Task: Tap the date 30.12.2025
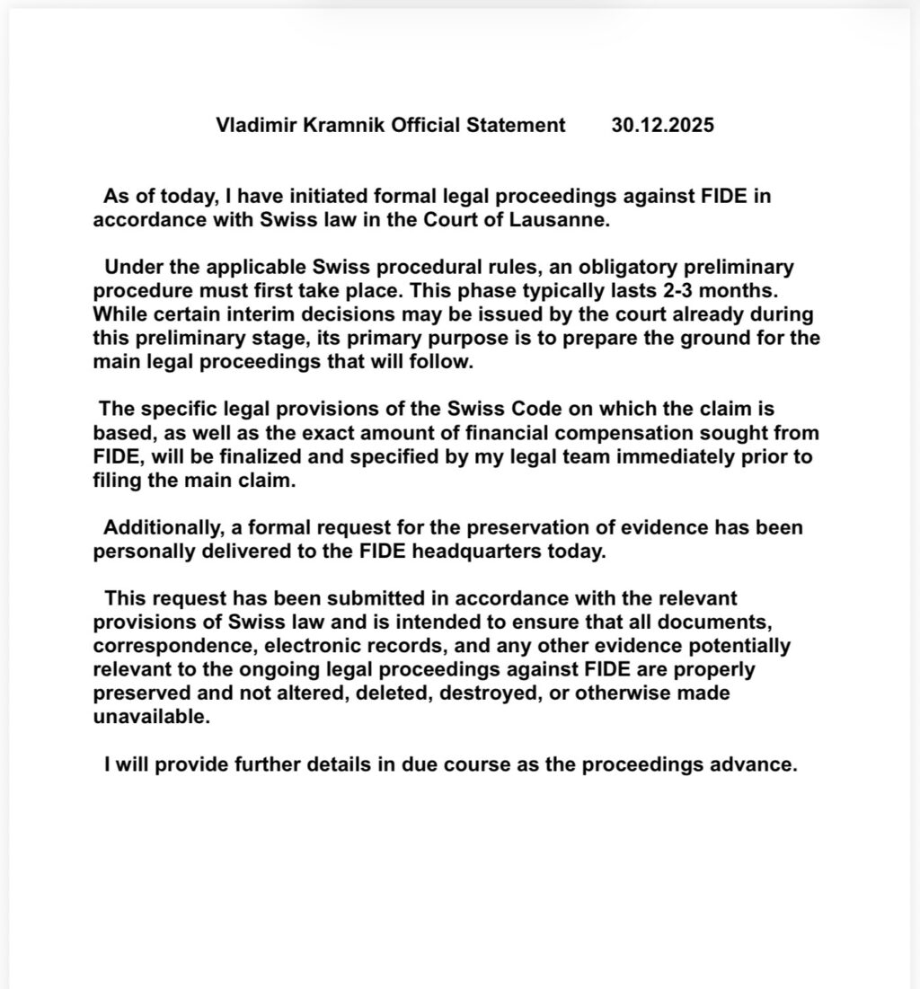(x=663, y=126)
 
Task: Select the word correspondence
(x=162, y=645)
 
